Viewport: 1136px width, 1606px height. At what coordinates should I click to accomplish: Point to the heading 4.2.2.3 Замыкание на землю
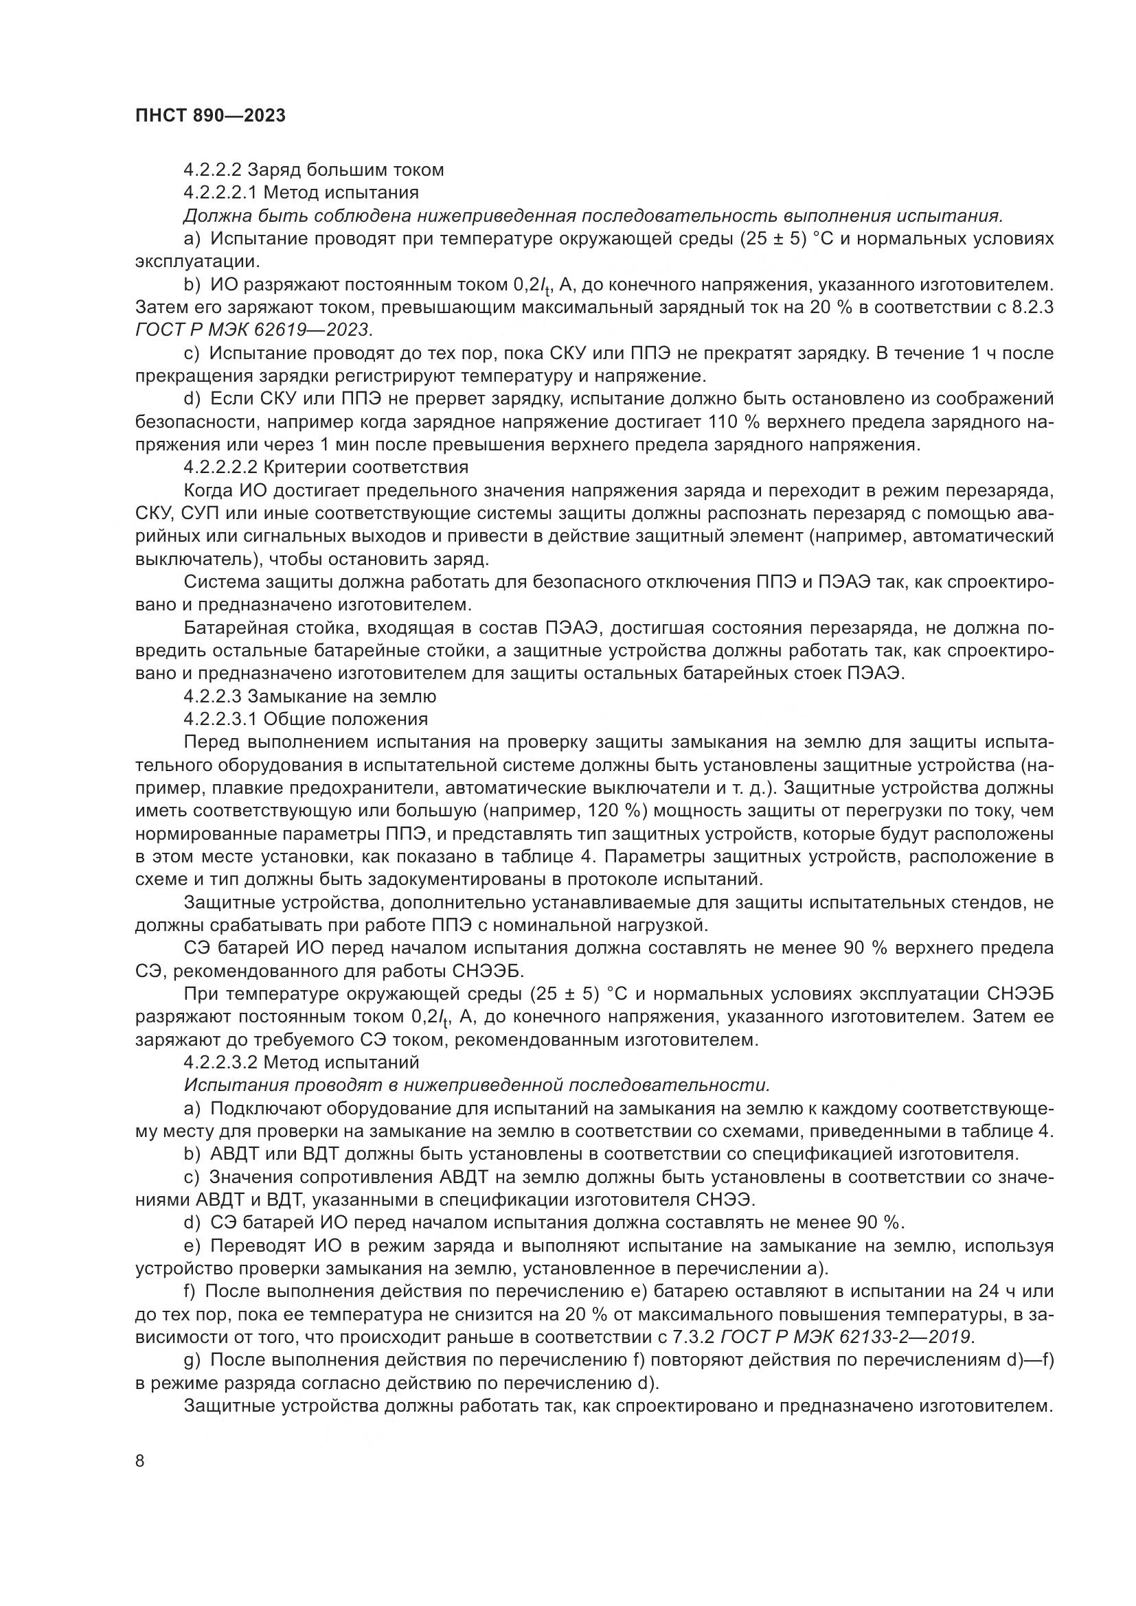tap(310, 697)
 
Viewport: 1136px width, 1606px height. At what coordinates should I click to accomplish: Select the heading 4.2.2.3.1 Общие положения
tap(306, 719)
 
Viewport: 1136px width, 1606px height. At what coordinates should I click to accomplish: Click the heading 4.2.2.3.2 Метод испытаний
tap(302, 1062)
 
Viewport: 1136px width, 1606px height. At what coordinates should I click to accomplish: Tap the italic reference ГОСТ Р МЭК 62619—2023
tap(253, 329)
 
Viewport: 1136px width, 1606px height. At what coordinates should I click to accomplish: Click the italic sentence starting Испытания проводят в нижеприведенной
tap(477, 1085)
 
